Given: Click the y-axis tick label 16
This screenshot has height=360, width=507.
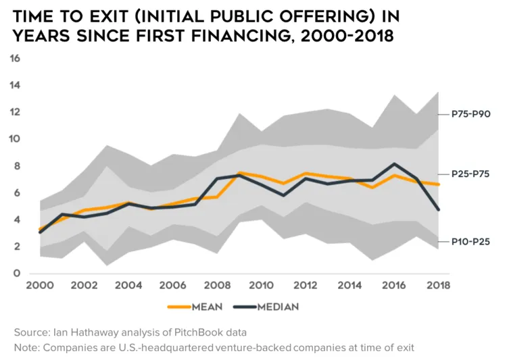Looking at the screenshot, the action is click(15, 59).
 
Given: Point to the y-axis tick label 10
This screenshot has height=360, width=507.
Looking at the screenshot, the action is click(15, 139).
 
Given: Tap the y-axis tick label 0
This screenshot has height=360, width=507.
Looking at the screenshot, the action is click(17, 274).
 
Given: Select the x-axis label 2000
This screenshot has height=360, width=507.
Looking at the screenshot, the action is click(40, 285).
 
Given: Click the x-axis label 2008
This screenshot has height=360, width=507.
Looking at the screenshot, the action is click(217, 285).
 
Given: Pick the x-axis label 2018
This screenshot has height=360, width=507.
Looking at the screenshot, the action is click(438, 285).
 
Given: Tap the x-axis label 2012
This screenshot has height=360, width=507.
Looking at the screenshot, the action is click(306, 285).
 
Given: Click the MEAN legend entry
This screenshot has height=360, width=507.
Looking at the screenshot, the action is click(195, 307).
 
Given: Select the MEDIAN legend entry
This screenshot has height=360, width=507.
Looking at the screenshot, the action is click(266, 307).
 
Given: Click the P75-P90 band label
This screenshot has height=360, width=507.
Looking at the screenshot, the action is click(470, 114).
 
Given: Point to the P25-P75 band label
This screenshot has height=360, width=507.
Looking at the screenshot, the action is click(470, 174).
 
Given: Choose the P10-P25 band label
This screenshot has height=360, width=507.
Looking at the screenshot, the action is click(470, 242).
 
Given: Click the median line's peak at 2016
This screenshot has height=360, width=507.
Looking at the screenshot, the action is click(394, 164).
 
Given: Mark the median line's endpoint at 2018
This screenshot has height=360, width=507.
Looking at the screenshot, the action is click(438, 209).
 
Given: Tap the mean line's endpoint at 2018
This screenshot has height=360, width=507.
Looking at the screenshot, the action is click(438, 184).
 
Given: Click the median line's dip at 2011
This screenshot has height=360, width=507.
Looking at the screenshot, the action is click(283, 195).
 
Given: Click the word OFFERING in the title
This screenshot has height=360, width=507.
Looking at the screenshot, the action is click(326, 16).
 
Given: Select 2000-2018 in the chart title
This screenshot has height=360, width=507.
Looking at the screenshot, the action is click(347, 36).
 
